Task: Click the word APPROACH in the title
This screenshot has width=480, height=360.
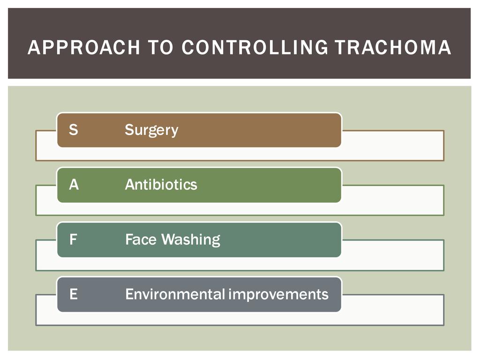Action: [x=84, y=47]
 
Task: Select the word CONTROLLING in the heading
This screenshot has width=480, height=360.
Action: [x=254, y=47]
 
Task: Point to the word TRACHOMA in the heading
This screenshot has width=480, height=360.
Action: [x=393, y=47]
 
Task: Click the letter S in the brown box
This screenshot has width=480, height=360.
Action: [x=74, y=129]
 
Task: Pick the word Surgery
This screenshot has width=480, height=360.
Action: [x=151, y=130]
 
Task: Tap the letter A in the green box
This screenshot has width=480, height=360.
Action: [x=74, y=185]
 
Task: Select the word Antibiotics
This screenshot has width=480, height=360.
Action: [x=161, y=184]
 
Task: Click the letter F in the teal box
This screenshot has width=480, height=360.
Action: [x=73, y=240]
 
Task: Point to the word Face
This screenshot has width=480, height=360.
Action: [x=141, y=240]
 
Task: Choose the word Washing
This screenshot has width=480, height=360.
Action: [x=191, y=240]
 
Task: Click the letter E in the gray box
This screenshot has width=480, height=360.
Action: [x=74, y=294]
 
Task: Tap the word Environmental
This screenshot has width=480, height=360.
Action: [x=175, y=294]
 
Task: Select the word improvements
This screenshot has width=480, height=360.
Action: [x=278, y=295]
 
